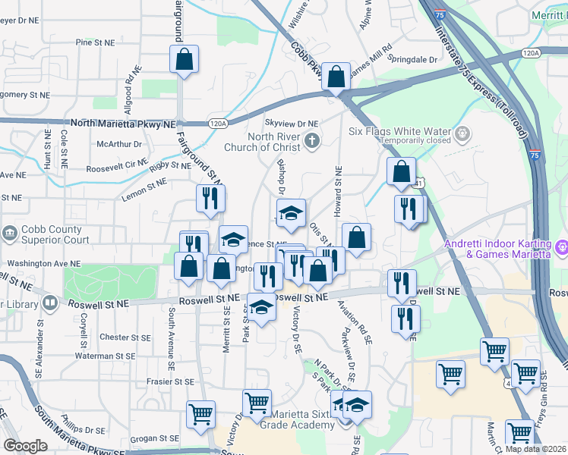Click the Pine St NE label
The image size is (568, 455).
tap(95, 43)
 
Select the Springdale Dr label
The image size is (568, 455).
tap(412, 59)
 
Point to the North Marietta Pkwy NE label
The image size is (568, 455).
tap(122, 123)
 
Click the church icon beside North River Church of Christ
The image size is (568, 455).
tap(311, 140)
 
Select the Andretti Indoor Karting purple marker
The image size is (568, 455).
tap(561, 246)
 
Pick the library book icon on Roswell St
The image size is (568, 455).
tap(50, 303)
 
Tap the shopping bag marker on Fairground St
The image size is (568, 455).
tap(184, 60)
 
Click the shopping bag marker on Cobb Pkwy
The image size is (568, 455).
tap(336, 77)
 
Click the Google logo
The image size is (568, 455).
tap(25, 446)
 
